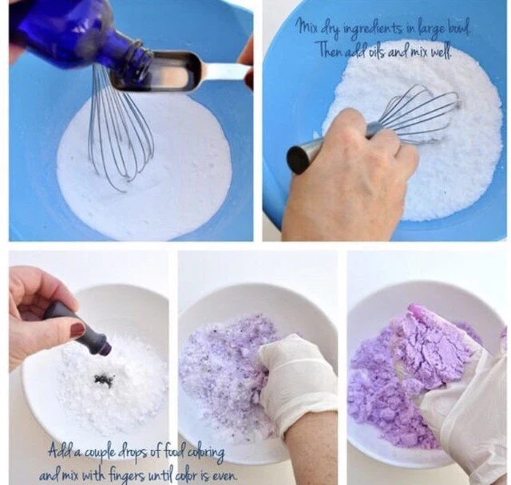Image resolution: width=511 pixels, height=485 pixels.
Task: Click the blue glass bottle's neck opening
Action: click(145, 59)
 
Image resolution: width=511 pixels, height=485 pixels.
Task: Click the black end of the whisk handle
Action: click(298, 160)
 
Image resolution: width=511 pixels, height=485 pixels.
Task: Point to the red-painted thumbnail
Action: click(79, 330)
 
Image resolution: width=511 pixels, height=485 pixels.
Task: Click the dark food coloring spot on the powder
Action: click(105, 380)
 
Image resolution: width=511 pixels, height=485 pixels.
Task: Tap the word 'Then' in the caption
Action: click(330, 49)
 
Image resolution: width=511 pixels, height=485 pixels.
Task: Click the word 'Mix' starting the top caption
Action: click(304, 27)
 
